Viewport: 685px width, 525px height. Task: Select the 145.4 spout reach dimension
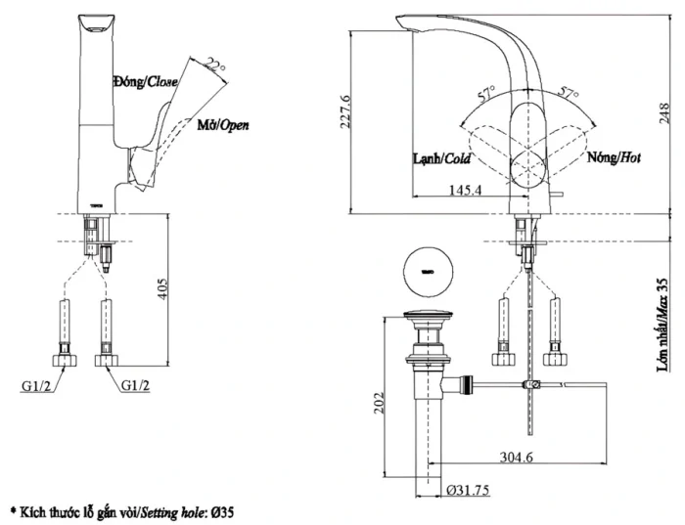[463, 190]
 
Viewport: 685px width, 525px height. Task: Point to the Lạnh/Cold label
[442, 158]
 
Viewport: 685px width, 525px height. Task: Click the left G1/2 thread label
[37, 385]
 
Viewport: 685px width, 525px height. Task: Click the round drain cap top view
[426, 269]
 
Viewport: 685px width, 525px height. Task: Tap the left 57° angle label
[486, 94]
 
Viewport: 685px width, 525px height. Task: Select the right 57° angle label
[571, 94]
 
